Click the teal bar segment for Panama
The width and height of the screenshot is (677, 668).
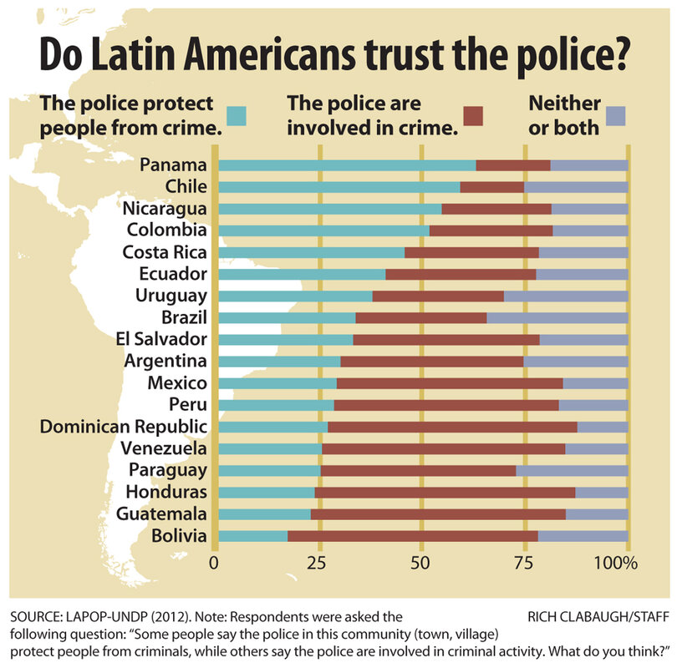tap(346, 165)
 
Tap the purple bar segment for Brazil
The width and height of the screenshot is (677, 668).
tap(557, 317)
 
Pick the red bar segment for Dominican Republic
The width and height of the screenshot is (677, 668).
tap(452, 427)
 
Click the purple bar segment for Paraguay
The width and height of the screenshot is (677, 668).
tap(572, 470)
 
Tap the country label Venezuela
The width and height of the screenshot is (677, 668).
tap(163, 448)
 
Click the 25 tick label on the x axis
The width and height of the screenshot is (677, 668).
tap(318, 562)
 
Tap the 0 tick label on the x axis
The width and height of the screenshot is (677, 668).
tap(215, 562)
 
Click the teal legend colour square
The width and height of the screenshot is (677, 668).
tap(237, 116)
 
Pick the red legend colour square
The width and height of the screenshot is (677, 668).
tap(474, 116)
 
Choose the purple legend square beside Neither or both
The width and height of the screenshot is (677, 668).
tap(616, 116)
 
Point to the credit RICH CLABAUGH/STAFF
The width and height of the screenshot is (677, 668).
tap(598, 617)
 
